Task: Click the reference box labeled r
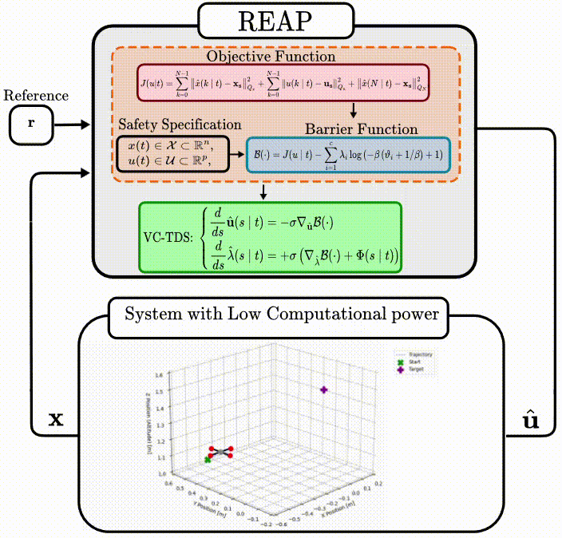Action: [30, 125]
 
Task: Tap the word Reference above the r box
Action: [36, 96]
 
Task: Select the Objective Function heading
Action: [271, 57]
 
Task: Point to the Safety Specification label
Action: [179, 125]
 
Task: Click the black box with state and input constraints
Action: [172, 153]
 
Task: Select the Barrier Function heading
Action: [362, 129]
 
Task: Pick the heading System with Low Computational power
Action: [281, 314]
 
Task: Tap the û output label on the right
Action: [531, 419]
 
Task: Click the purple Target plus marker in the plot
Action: [324, 390]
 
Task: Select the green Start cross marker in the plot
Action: [208, 460]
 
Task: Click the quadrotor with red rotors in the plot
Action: [221, 452]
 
